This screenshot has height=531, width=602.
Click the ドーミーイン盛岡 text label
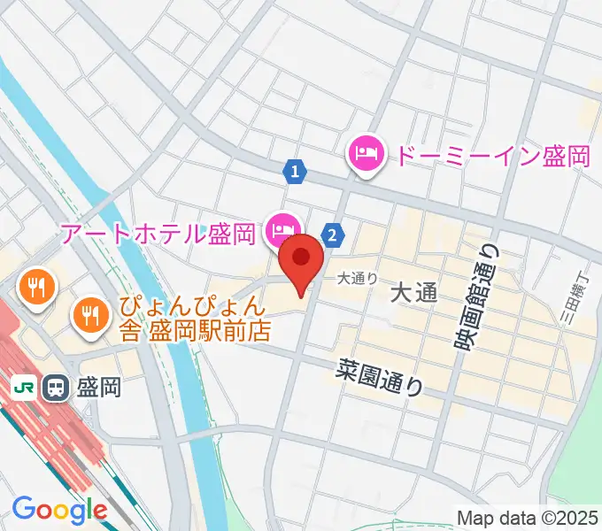pos(491,157)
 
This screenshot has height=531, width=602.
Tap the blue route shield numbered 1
pos(295,171)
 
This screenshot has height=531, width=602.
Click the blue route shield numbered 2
pos(332,235)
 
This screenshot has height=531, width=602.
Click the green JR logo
pos(24,387)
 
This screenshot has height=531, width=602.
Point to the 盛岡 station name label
pos(99,387)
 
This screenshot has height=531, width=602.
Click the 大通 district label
pos(413,293)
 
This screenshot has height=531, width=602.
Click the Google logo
pos(59,510)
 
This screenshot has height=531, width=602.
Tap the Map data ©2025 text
pos(528,518)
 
